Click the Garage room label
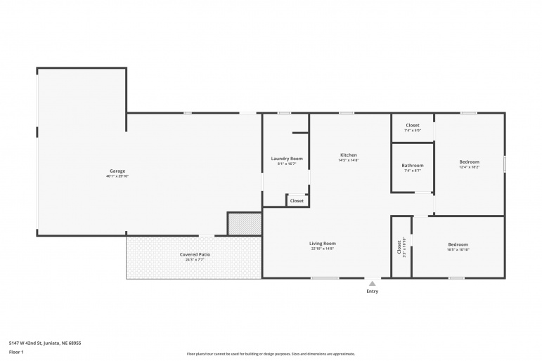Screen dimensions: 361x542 117,171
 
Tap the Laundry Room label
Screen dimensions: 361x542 287,159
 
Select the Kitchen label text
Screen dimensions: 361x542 349,155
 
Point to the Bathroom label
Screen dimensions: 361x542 413,166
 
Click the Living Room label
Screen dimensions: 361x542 323,244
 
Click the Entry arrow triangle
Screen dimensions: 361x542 372,283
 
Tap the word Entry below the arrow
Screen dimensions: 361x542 372,291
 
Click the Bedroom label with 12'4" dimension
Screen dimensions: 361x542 469,162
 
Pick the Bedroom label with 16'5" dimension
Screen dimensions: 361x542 458,244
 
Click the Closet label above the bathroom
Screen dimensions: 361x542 413,125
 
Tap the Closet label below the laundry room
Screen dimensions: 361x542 297,201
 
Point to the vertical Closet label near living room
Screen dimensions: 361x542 399,247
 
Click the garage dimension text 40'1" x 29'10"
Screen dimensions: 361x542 117,176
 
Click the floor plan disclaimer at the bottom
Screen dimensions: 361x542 271,354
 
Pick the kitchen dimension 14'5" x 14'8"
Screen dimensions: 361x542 349,160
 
